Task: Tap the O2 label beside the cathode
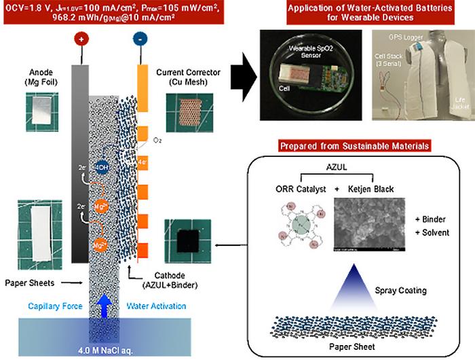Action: coord(157,141)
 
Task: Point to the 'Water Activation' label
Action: coord(156,306)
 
